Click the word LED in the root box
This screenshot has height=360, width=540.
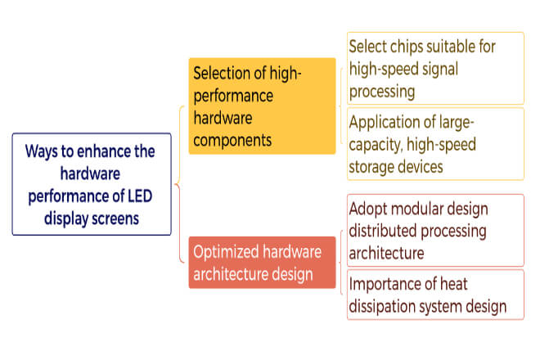point(140,196)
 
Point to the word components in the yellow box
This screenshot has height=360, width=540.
point(232,141)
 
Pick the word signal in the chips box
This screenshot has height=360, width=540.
point(440,70)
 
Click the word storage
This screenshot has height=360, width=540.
point(370,168)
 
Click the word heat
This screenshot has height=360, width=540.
point(454,284)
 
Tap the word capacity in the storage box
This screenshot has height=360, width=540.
point(376,145)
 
